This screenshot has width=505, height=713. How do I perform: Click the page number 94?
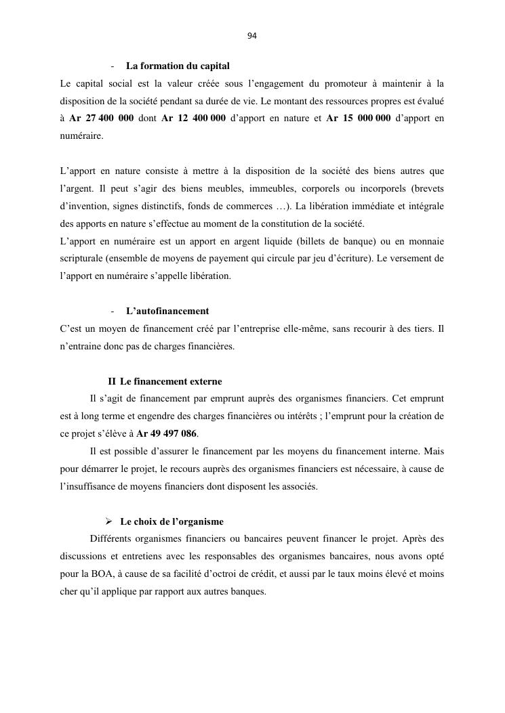pyautogui.click(x=252, y=36)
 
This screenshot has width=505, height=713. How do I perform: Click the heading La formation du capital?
pyautogui.click(x=178, y=66)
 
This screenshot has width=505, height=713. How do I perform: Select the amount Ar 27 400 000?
pyautogui.click(x=101, y=119)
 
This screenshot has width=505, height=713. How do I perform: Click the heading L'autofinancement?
pyautogui.click(x=167, y=311)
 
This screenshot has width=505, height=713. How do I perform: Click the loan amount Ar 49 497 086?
pyautogui.click(x=168, y=434)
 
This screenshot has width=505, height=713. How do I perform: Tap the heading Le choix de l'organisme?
pyautogui.click(x=171, y=522)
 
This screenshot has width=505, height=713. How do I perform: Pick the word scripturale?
pyautogui.click(x=81, y=259)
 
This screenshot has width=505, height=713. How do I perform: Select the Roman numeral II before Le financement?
pyautogui.click(x=112, y=382)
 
